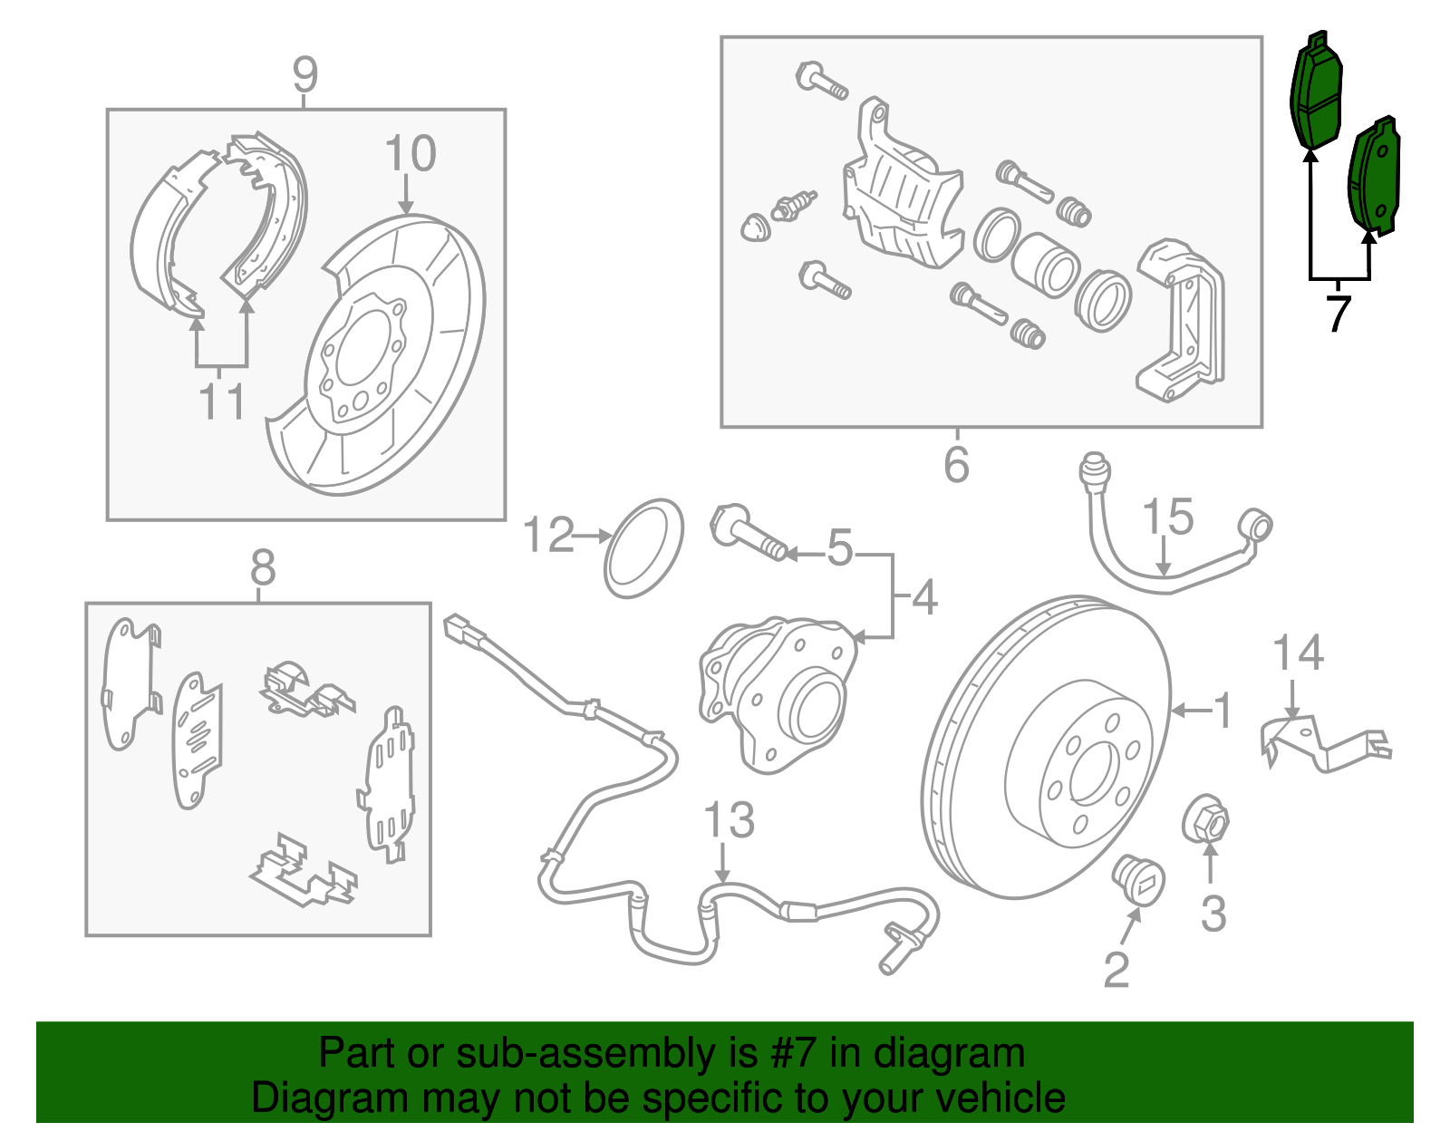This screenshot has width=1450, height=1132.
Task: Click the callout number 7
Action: (x=1339, y=313)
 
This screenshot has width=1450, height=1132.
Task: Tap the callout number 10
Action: (x=410, y=154)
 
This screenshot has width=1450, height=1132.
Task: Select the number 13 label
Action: (x=729, y=820)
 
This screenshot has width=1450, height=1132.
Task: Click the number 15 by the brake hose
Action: (x=1167, y=518)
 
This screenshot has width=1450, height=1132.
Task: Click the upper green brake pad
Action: (x=1317, y=98)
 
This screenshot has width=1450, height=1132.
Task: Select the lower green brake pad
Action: (x=1375, y=179)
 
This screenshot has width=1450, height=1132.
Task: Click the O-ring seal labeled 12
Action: (x=643, y=547)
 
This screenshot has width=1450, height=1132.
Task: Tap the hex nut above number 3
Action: (x=1206, y=821)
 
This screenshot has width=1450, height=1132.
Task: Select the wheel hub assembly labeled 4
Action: (x=779, y=693)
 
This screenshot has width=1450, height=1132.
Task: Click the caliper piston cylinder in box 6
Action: (x=1045, y=265)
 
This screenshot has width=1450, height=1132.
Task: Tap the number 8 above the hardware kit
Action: (x=262, y=568)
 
